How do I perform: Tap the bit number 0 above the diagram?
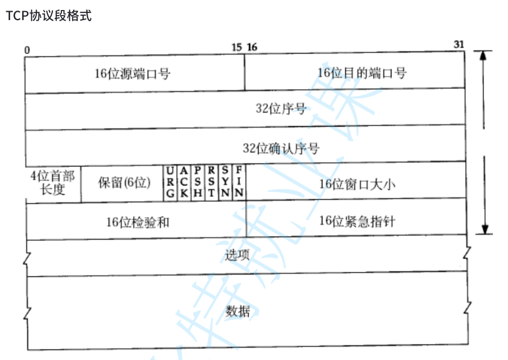[x=27, y=49]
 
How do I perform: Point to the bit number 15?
[x=237, y=47]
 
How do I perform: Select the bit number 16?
[x=252, y=47]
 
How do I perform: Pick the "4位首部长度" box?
[x=53, y=183]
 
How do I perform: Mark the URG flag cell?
[x=170, y=182]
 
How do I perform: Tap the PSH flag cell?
[x=197, y=182]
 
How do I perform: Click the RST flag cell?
[x=211, y=182]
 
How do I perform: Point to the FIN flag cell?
[x=239, y=182]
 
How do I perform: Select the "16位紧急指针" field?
[x=357, y=221]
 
